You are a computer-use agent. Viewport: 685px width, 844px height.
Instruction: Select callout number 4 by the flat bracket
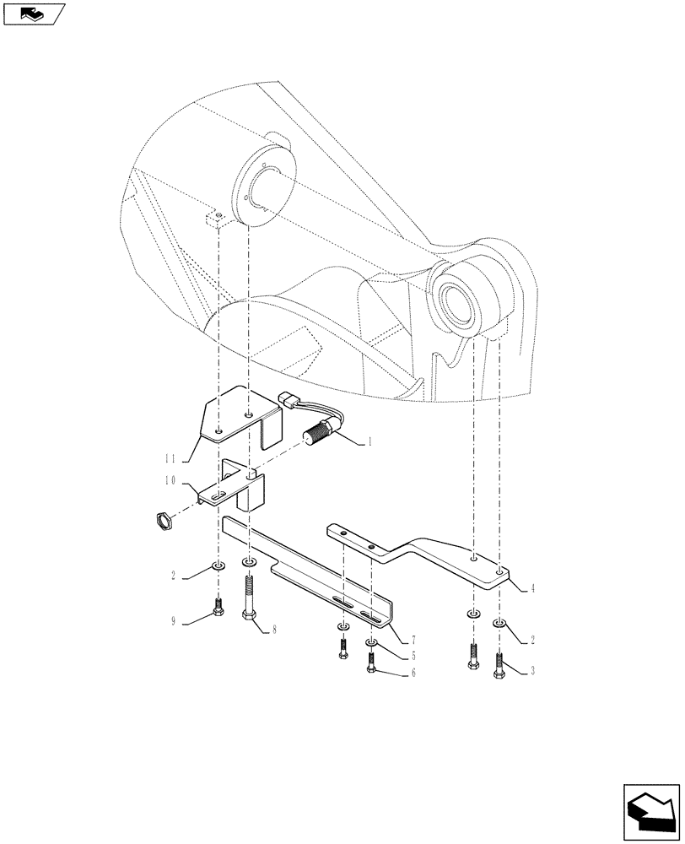pos(533,588)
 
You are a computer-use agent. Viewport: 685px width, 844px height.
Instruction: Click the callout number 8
pos(274,630)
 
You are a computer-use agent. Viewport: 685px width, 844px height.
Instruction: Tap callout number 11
pos(172,457)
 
